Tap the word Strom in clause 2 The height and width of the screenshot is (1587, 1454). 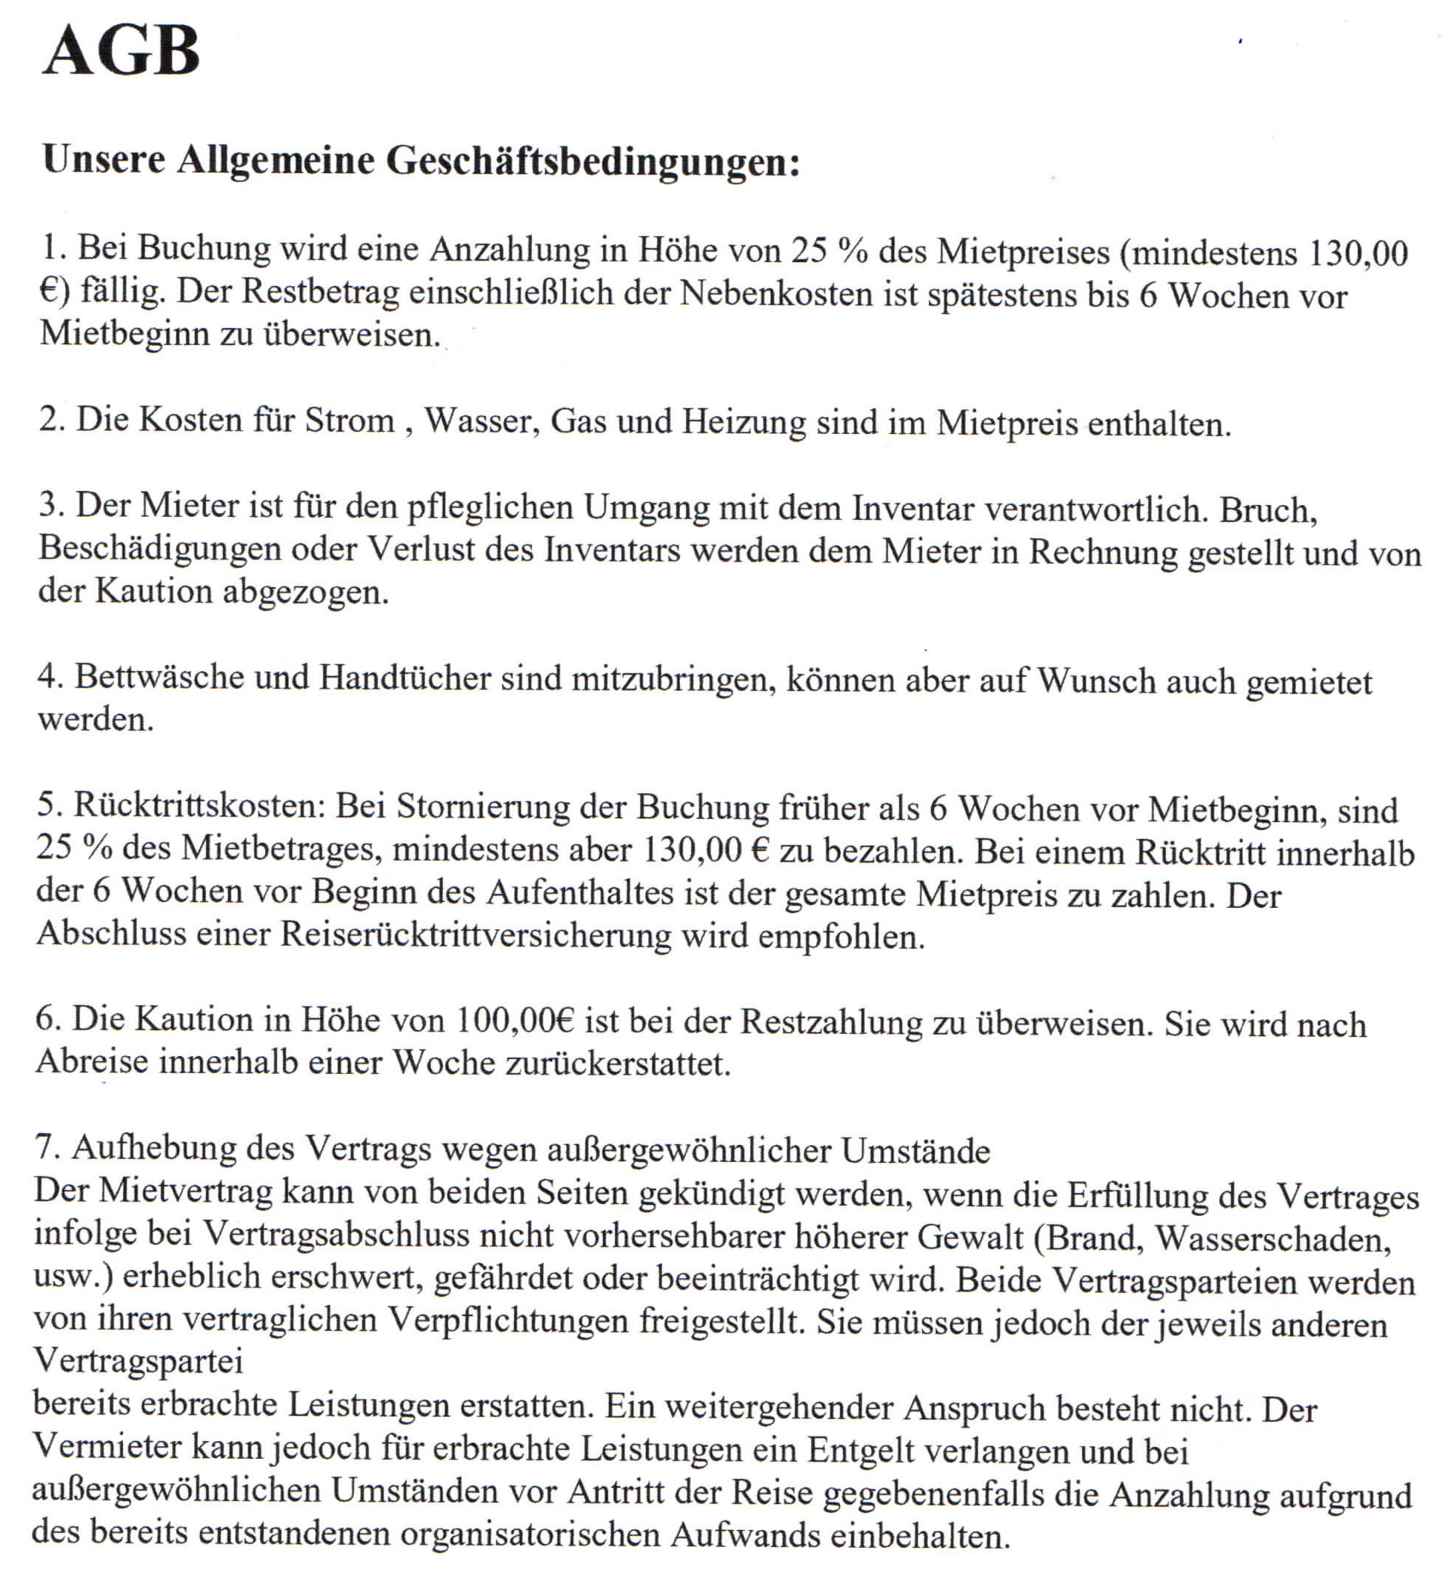point(350,421)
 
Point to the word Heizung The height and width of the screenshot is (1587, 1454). point(744,422)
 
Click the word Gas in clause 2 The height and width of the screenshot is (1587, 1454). point(578,421)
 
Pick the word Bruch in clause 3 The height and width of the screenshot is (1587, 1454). point(1267,511)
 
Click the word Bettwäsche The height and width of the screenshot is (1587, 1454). point(159,678)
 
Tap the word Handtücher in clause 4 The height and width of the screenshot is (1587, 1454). point(404,678)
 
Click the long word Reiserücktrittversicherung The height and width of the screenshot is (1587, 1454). point(476,935)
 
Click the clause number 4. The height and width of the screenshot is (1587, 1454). point(49,677)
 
